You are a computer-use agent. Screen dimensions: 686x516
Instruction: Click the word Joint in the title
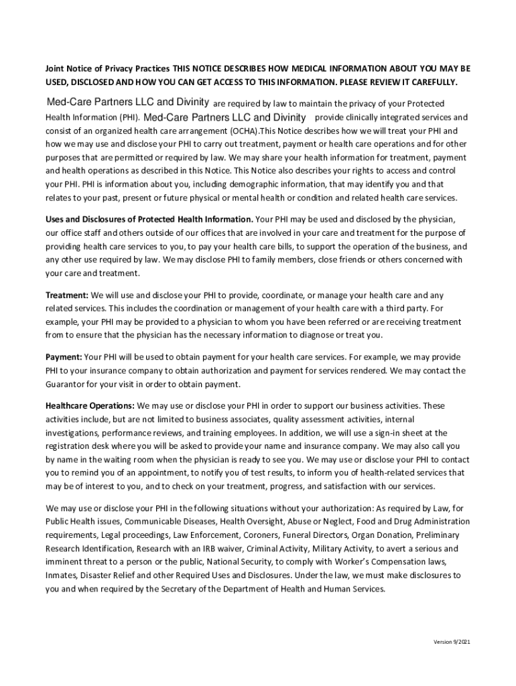[x=56, y=69]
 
